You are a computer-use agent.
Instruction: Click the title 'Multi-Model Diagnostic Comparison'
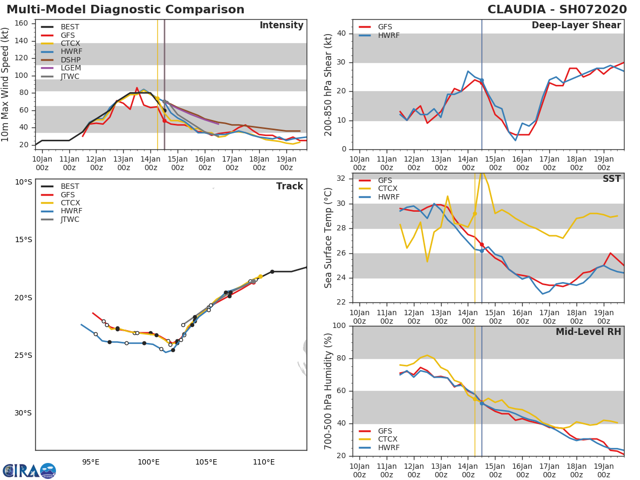[x=125, y=10]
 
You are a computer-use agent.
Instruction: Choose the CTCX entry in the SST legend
[x=387, y=189]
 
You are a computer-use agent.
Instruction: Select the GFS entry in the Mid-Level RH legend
[x=387, y=431]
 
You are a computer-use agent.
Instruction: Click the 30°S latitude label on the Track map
[x=23, y=413]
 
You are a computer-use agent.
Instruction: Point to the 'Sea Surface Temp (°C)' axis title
[x=329, y=238]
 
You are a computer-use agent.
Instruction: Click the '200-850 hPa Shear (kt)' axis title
[x=329, y=84]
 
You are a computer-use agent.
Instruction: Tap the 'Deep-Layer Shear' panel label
[x=576, y=26]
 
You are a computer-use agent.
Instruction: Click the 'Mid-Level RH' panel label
[x=588, y=332]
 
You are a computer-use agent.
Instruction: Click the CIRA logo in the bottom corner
[x=29, y=470]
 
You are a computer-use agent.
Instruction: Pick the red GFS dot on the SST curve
[x=482, y=244]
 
